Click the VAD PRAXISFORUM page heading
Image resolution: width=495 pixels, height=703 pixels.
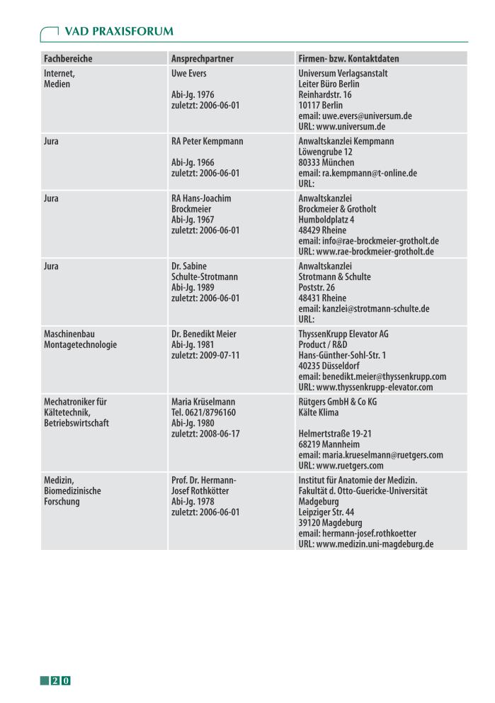coord(118,32)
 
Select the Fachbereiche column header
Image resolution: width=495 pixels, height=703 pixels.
coord(68,58)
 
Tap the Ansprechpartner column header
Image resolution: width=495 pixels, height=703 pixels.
coord(203,58)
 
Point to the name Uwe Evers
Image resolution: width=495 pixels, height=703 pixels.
coord(190,73)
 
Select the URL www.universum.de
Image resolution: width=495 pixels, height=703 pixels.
coord(342,126)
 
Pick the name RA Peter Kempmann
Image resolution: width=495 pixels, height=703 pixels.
coord(207,141)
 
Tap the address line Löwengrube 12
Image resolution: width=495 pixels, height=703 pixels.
coord(328,152)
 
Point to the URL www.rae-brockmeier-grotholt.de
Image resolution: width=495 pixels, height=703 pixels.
coord(366,252)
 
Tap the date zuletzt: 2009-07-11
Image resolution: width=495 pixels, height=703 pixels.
coord(205,355)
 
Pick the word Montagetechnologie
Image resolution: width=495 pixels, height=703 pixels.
coord(80,344)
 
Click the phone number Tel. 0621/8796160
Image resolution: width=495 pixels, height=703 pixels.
coord(204,412)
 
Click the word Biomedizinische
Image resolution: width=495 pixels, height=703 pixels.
coord(72,491)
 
